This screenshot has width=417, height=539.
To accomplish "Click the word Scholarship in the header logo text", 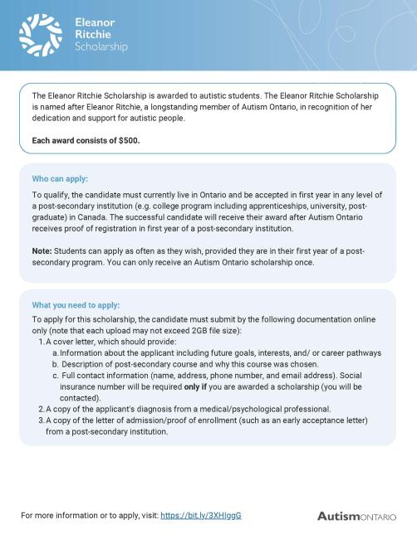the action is tap(101, 47).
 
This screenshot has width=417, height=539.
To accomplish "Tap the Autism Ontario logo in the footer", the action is tap(356, 516).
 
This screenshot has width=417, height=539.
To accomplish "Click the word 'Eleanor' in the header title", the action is tap(95, 22).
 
